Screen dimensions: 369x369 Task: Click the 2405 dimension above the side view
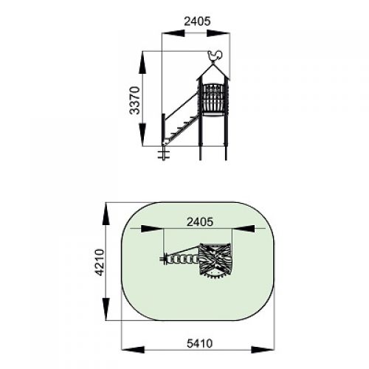click(197, 21)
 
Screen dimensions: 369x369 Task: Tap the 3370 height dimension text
click(135, 100)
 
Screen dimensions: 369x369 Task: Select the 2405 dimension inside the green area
click(200, 222)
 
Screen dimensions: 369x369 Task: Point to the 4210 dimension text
click(100, 262)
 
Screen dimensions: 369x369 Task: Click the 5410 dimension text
click(199, 343)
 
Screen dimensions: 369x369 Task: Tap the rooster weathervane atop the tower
click(215, 56)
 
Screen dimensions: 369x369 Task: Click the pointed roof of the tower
click(213, 72)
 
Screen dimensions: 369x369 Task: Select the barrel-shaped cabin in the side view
click(213, 100)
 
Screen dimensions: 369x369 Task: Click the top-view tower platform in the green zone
click(215, 261)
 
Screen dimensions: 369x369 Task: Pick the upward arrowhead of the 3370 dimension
click(142, 63)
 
